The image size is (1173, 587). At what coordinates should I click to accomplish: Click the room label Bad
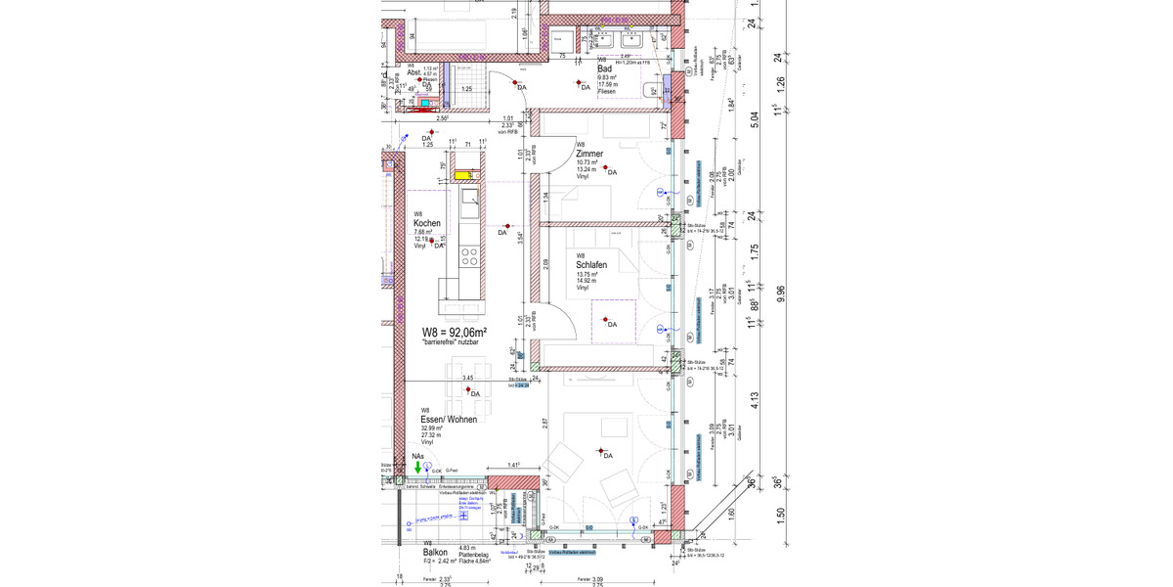click(605, 68)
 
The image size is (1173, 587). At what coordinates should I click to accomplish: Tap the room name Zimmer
click(589, 154)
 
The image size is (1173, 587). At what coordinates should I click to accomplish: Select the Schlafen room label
click(593, 265)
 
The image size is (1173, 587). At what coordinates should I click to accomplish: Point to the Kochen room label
click(426, 223)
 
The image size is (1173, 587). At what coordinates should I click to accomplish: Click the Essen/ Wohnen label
click(449, 419)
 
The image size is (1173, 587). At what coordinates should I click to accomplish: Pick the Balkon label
click(435, 552)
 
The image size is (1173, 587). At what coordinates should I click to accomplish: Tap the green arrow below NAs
click(417, 468)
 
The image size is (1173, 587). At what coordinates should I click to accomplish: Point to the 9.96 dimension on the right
click(778, 293)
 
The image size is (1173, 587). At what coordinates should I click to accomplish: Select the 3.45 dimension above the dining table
click(467, 378)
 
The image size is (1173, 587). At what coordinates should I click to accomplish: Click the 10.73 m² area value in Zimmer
click(586, 161)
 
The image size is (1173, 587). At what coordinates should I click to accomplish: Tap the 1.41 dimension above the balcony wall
click(513, 466)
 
